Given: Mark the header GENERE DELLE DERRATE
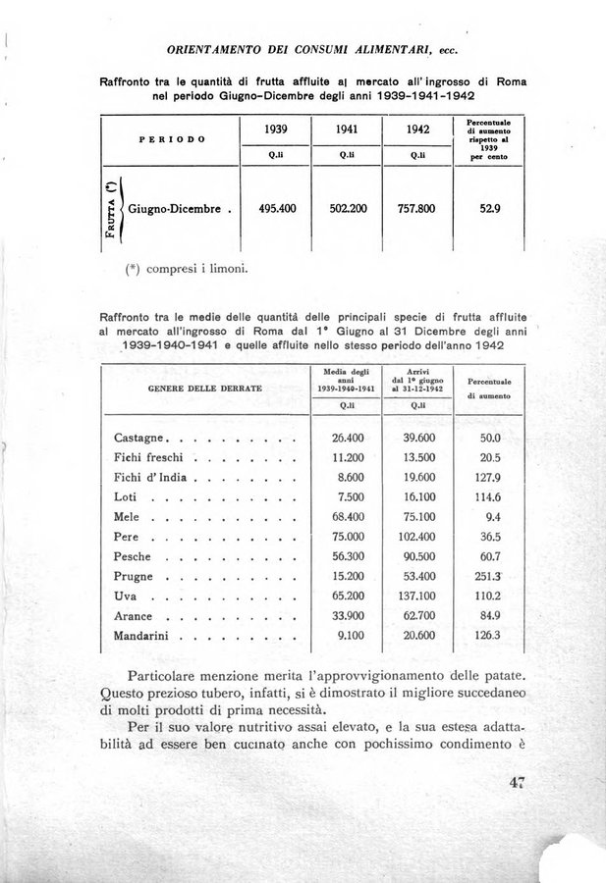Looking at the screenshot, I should click(204, 389).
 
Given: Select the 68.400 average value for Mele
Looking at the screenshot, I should click(348, 516).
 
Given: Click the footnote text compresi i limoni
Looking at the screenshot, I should click(198, 268).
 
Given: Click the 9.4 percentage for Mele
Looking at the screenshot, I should click(493, 516).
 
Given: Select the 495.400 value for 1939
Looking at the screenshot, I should click(277, 209).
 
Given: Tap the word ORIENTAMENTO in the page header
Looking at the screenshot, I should click(216, 48).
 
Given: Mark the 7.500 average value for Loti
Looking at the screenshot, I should click(350, 496).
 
